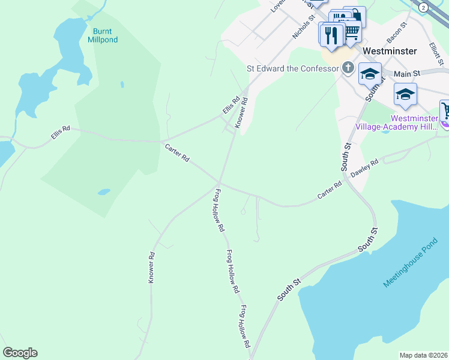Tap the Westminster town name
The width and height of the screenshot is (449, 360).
tap(390, 51)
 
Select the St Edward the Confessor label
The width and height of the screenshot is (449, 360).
tap(293, 68)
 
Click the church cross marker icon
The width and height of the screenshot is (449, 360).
tap(348, 67)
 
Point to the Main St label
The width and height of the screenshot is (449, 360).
tap(406, 73)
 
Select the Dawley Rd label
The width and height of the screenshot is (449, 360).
tap(364, 167)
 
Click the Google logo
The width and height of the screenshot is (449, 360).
tap(20, 353)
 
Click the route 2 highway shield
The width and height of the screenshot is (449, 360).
tap(424, 7)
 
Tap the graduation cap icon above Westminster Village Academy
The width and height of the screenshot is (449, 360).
tap(405, 95)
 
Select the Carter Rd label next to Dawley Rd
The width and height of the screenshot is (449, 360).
tap(330, 191)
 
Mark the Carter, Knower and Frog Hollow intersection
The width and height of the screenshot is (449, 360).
tap(219, 182)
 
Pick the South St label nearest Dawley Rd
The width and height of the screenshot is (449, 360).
tap(347, 157)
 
